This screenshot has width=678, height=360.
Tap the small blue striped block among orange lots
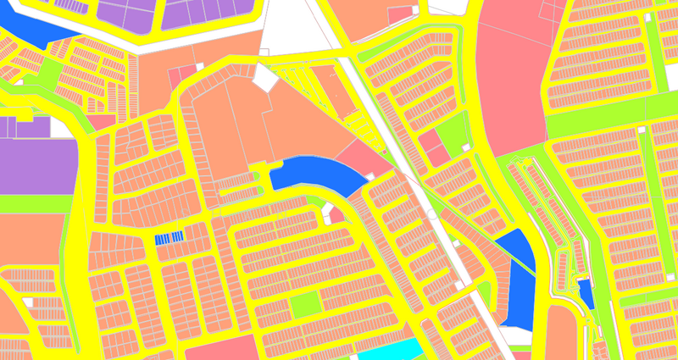click(x=169, y=239)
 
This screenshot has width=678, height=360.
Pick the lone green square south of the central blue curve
click(x=306, y=305)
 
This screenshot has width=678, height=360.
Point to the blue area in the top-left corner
click(x=38, y=30)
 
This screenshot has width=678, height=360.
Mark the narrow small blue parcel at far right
click(x=586, y=294)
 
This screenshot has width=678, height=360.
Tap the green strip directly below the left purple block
click(x=34, y=203)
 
